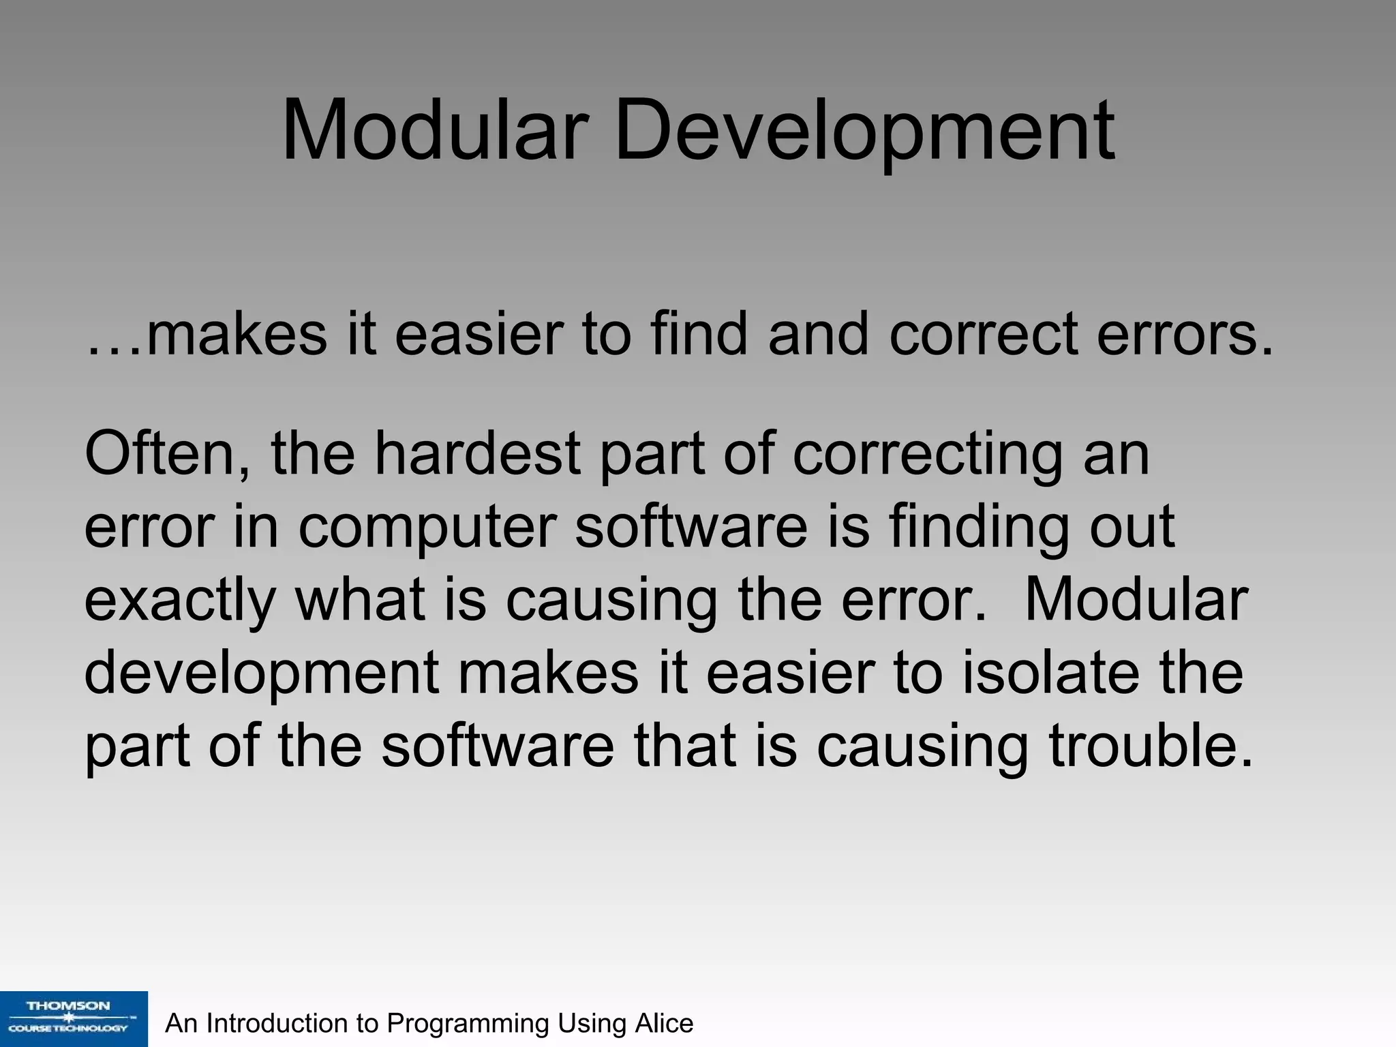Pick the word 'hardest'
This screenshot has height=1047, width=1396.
click(x=476, y=455)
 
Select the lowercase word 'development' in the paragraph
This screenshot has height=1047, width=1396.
click(x=262, y=673)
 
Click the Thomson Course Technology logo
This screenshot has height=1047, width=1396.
click(x=73, y=1018)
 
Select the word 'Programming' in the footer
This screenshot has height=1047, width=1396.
click(x=468, y=1023)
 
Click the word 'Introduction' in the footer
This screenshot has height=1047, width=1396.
click(x=277, y=1023)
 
